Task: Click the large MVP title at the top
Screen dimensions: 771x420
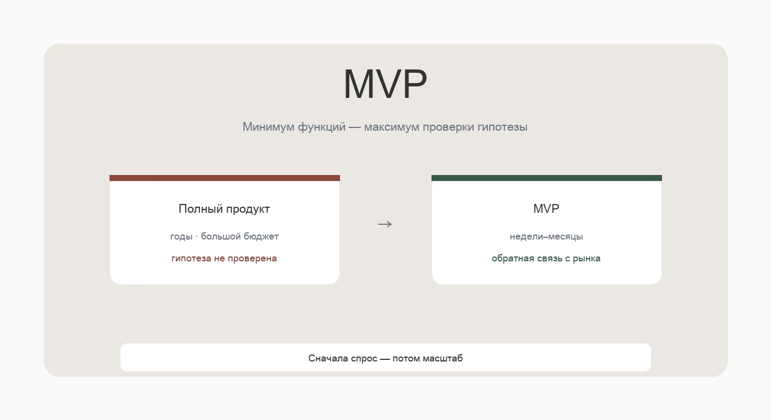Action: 385,84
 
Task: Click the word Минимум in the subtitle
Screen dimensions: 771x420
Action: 268,127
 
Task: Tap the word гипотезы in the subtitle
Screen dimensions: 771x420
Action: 502,127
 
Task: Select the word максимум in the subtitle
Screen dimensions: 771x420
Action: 392,127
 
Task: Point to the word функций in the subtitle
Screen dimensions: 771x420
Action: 321,127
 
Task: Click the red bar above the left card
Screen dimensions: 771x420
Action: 225,178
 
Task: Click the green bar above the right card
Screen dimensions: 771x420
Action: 546,178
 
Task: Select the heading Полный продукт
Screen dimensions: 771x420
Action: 224,209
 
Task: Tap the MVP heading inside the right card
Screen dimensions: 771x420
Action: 546,208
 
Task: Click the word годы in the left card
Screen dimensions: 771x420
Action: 181,237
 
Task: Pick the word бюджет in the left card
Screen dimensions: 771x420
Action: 261,236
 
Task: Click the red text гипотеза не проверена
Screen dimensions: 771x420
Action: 224,259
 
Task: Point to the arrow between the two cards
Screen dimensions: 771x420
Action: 385,224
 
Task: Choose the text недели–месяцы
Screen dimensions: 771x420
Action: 546,237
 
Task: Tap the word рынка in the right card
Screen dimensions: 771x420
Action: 586,259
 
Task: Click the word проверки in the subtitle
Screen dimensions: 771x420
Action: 448,127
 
